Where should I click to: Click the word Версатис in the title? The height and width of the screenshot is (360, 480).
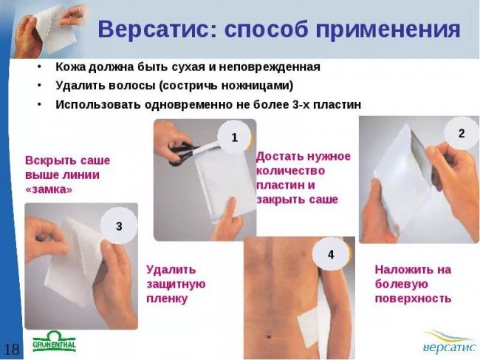pos(154,30)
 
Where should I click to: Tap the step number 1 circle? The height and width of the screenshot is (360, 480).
pos(235,137)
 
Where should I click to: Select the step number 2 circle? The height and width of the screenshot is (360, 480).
pos(461,134)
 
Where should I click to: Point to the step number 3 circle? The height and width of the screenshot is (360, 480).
pos(120,227)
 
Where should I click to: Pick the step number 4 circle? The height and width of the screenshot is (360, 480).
pos(330,254)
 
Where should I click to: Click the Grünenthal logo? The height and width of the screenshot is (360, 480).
pos(54,344)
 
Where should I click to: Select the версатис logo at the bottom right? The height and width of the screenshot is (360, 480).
pos(448,342)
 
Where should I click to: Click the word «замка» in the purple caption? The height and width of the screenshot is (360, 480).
pos(49,189)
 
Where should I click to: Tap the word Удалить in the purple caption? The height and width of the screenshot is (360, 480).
pos(171,269)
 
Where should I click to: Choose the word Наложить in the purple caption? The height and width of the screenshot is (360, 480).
pos(402,269)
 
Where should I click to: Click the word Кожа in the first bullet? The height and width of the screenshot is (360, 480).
pos(72,67)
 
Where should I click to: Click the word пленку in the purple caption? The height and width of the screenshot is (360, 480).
pos(167,299)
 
